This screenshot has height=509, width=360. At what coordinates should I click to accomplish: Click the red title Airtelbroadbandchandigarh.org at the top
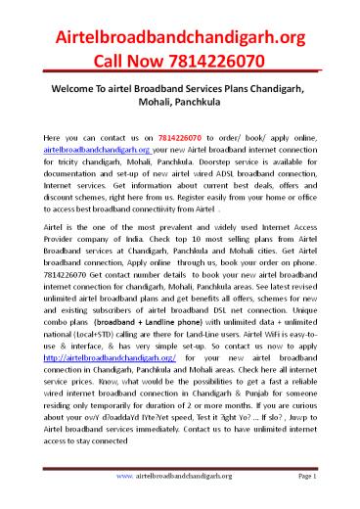coord(180,37)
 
